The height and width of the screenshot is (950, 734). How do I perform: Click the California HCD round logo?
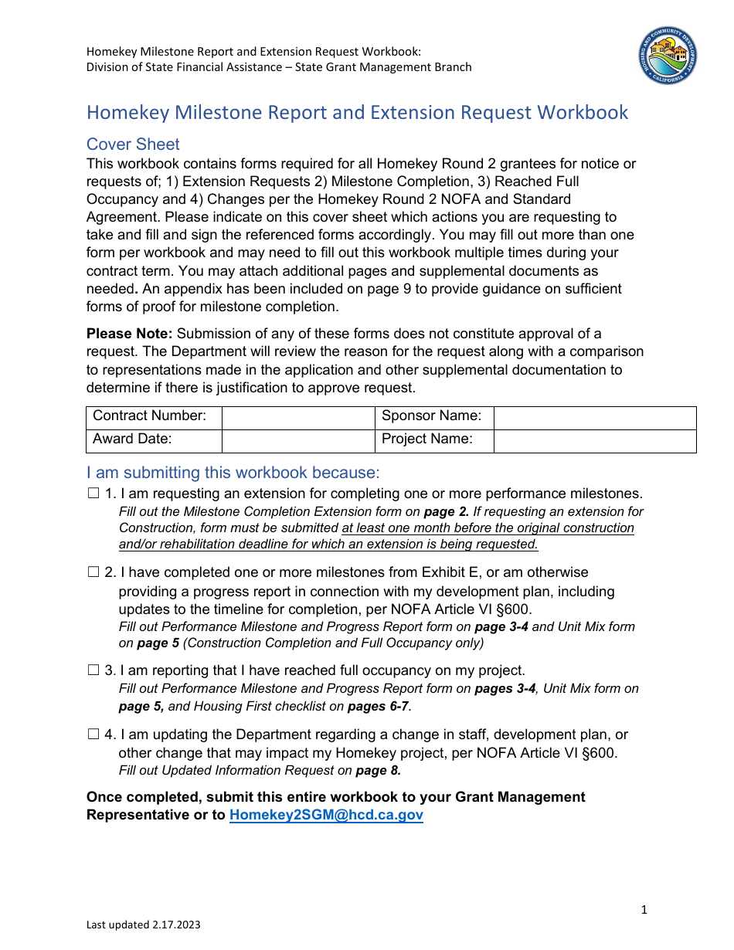click(x=669, y=54)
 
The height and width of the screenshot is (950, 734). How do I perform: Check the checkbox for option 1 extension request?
click(x=93, y=494)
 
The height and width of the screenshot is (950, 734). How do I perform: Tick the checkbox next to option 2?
click(x=93, y=572)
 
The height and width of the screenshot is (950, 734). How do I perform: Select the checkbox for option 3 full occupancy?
click(x=93, y=670)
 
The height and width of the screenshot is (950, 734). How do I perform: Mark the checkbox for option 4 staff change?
click(x=93, y=735)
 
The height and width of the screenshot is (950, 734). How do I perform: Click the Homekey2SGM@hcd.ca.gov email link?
click(x=326, y=815)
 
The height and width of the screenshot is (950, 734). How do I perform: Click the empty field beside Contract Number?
click(x=297, y=418)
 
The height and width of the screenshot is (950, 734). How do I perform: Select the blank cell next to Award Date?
click(x=297, y=440)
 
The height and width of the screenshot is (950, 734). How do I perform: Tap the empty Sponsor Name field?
click(x=594, y=418)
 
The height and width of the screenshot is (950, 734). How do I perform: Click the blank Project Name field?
click(x=594, y=440)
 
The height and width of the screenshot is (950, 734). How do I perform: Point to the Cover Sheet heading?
click(x=133, y=144)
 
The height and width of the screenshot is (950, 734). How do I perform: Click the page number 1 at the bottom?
click(x=644, y=910)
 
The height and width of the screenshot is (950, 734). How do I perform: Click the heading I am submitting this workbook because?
click(x=233, y=473)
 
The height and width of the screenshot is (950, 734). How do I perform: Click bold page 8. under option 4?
click(x=378, y=770)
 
